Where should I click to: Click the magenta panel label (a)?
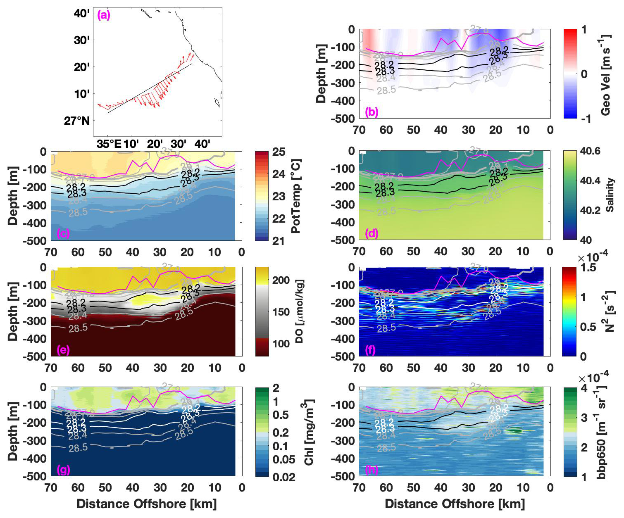103,16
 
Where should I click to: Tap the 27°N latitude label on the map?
77,121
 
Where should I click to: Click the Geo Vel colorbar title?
605,74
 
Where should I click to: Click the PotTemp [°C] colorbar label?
296,196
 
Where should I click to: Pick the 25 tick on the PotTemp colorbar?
279,152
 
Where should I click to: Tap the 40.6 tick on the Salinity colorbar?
590,151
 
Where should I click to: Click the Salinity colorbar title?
610,195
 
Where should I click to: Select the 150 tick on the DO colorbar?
281,312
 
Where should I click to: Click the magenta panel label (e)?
64,350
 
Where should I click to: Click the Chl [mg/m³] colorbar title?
309,432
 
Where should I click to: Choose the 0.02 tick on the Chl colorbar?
284,477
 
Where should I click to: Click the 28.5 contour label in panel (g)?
78,447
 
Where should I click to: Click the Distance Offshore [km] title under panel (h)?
455,504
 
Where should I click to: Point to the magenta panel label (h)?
372,469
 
